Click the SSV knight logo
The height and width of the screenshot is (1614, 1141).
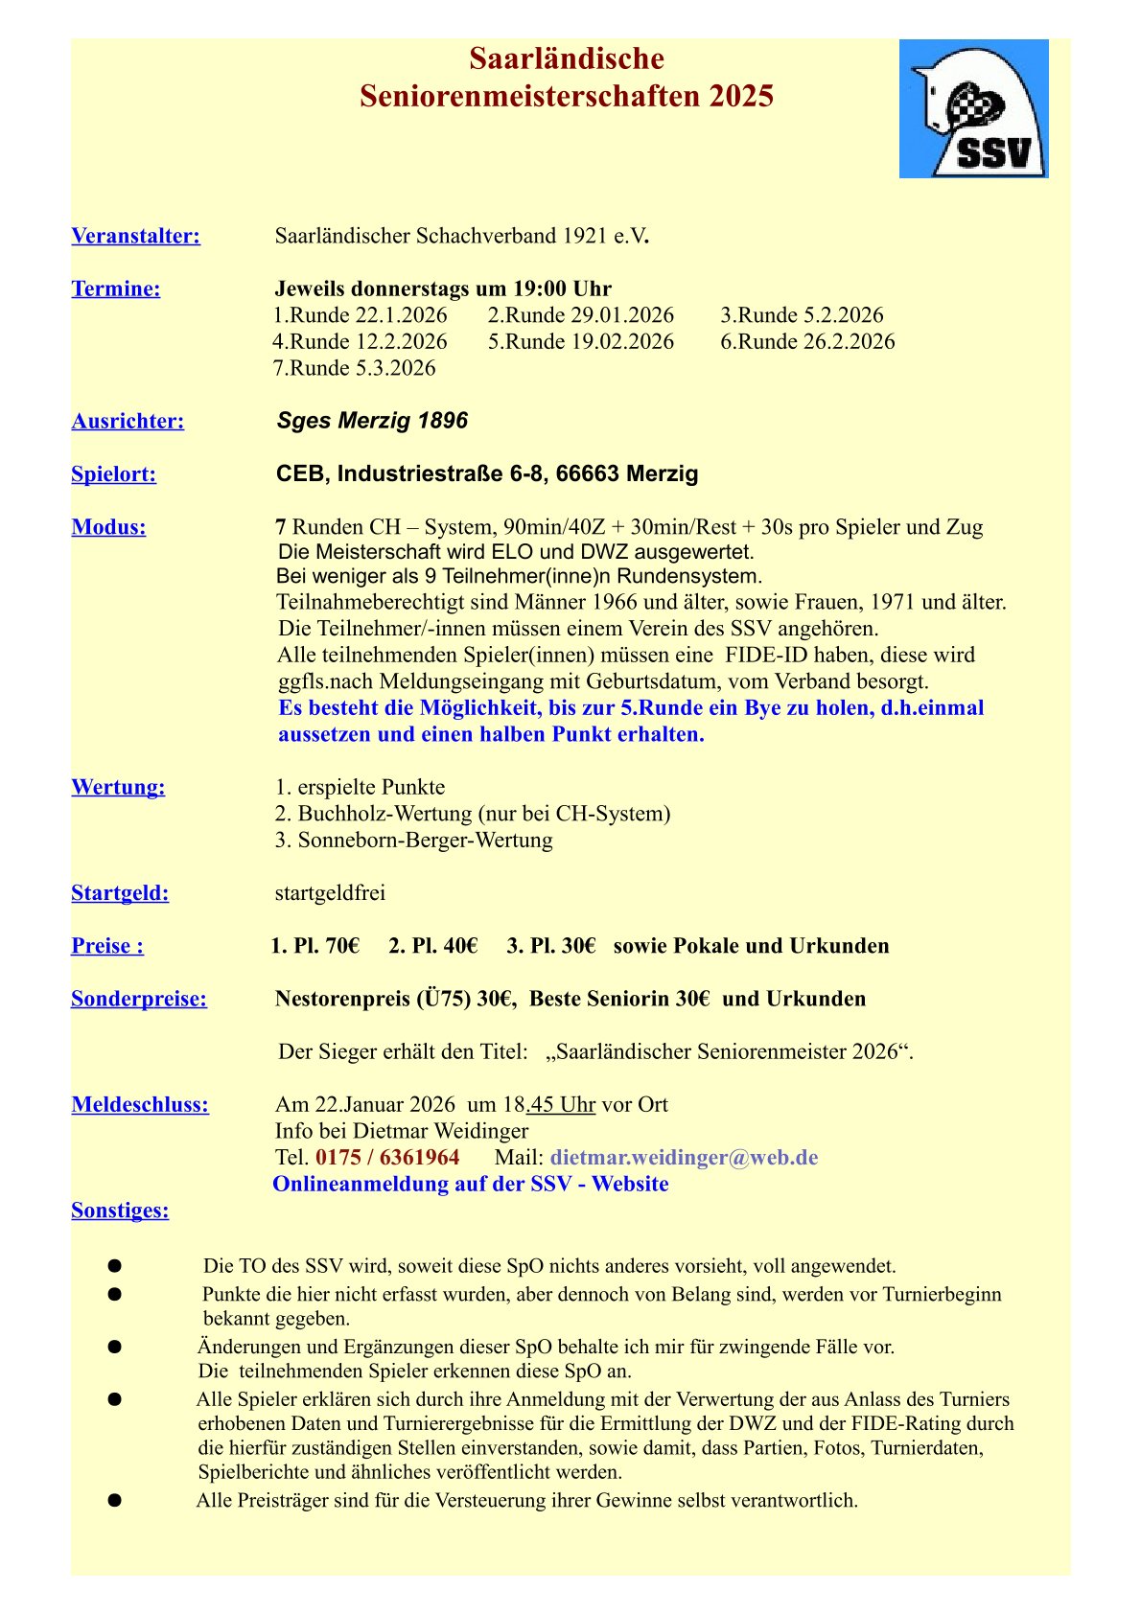(973, 108)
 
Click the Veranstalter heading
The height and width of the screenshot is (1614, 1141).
(135, 236)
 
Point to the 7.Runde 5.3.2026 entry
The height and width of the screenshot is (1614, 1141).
(355, 368)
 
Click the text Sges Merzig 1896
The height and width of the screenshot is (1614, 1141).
(372, 421)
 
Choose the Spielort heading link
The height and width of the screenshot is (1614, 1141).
(113, 473)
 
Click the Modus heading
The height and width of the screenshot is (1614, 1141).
(108, 526)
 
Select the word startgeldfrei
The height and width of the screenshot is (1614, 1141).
(330, 893)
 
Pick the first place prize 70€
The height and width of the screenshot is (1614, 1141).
(342, 946)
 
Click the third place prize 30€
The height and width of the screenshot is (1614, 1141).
(578, 946)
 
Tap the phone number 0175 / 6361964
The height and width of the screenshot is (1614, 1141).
(387, 1157)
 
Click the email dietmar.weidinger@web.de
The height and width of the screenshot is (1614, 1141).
(684, 1157)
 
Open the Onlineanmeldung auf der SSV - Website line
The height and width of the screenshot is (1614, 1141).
(471, 1184)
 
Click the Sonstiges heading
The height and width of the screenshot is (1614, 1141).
(120, 1210)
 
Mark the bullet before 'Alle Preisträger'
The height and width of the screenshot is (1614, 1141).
(115, 1500)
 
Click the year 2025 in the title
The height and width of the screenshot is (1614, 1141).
(741, 97)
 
